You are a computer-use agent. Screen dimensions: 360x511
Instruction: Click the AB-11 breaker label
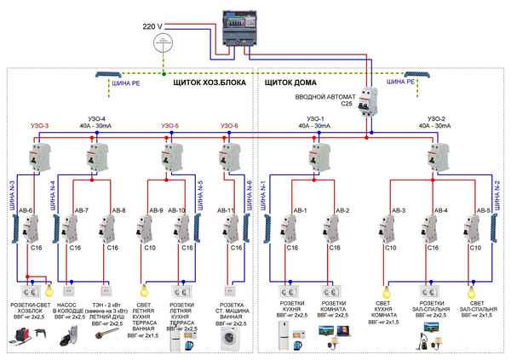click(x=226, y=209)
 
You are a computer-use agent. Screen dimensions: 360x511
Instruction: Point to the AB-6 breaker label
click(x=26, y=209)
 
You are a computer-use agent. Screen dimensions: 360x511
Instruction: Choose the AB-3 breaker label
click(x=397, y=209)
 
